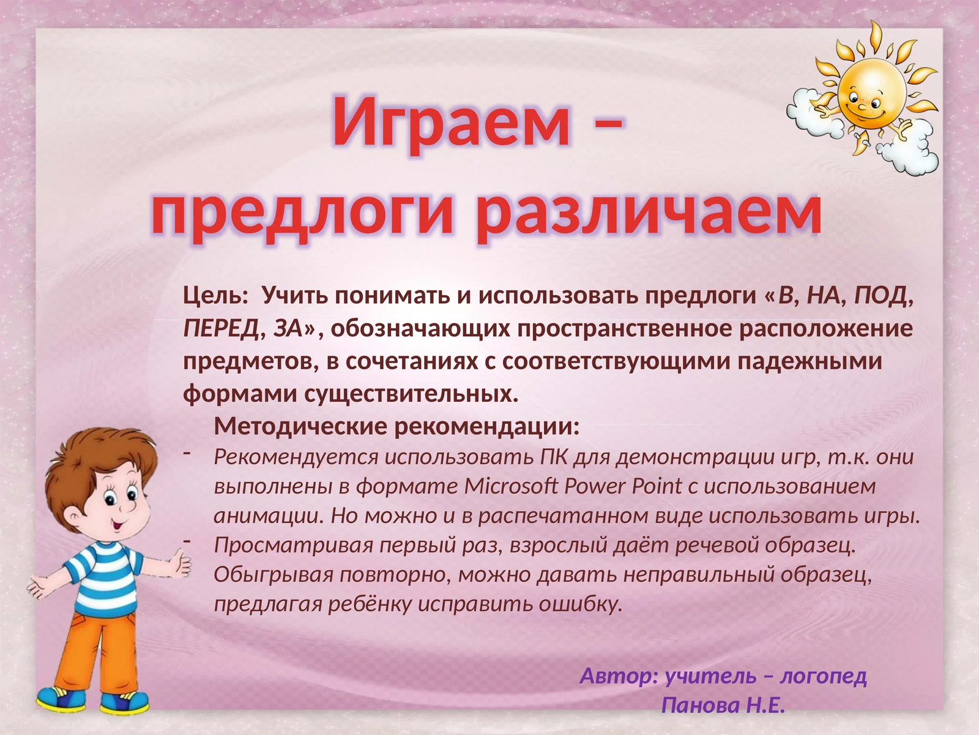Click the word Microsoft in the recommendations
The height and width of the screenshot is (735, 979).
click(x=511, y=486)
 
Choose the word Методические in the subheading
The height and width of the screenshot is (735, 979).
click(x=301, y=426)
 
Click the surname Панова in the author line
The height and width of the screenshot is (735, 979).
click(x=700, y=706)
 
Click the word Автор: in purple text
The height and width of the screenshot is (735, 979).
click(x=619, y=676)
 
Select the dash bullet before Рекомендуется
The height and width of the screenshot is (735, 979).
click(x=187, y=453)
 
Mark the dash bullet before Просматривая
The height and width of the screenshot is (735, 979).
click(x=187, y=541)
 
